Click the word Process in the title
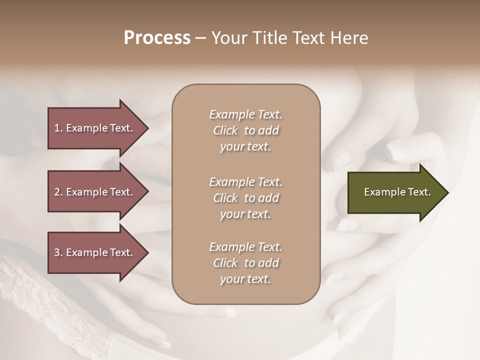(157, 38)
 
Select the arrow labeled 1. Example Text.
(95, 128)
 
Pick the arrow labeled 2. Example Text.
(95, 192)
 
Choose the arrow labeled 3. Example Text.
(95, 252)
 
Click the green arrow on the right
(395, 192)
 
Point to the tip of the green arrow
(447, 192)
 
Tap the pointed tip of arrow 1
(147, 128)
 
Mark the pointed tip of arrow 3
(147, 252)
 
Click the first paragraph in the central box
(245, 130)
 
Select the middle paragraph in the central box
(245, 198)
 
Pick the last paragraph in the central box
(245, 263)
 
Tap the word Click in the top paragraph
(225, 130)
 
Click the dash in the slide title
(200, 38)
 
